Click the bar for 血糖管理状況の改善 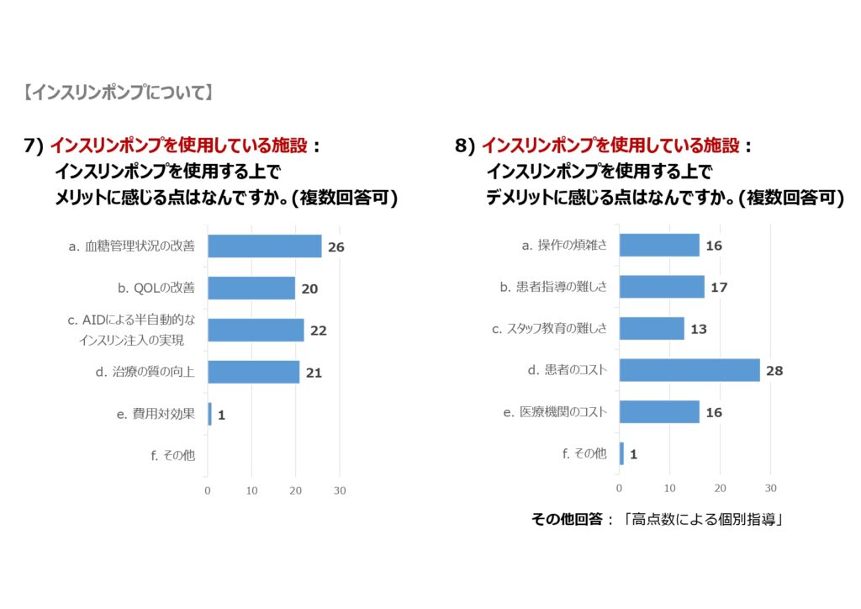pyautogui.click(x=264, y=246)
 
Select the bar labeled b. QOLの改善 pyautogui.click(x=251, y=288)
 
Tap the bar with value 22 pyautogui.click(x=256, y=330)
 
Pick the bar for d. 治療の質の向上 pyautogui.click(x=253, y=372)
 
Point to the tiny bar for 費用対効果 pyautogui.click(x=209, y=414)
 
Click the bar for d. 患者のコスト pyautogui.click(x=689, y=370)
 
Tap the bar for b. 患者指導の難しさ pyautogui.click(x=662, y=287)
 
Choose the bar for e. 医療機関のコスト pyautogui.click(x=659, y=412)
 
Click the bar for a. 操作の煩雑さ pyautogui.click(x=659, y=246)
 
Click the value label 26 pyautogui.click(x=336, y=247)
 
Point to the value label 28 pyautogui.click(x=774, y=371)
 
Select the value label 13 pyautogui.click(x=699, y=329)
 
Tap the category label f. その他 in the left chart pyautogui.click(x=172, y=455)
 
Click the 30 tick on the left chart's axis pyautogui.click(x=339, y=490)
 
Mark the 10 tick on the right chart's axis pyautogui.click(x=670, y=488)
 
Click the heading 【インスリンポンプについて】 pyautogui.click(x=119, y=93)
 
